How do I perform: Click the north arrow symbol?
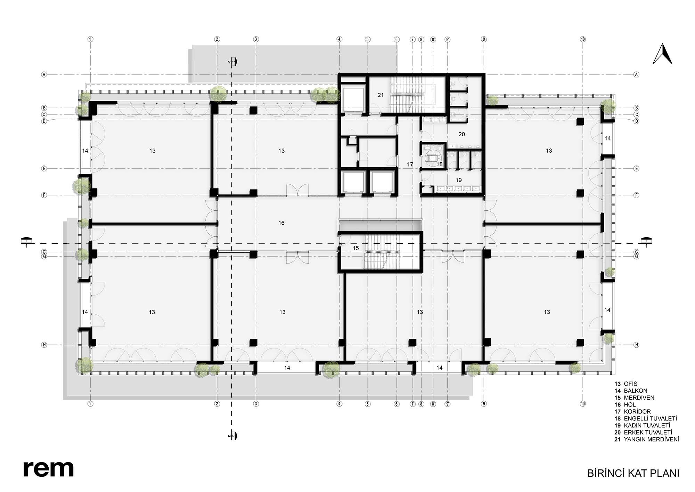pyautogui.click(x=662, y=55)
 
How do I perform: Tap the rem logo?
pyautogui.click(x=49, y=469)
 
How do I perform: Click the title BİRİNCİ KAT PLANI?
pyautogui.click(x=633, y=473)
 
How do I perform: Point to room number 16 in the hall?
pyautogui.click(x=281, y=223)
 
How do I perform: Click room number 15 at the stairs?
pyautogui.click(x=355, y=248)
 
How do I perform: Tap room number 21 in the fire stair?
pyautogui.click(x=381, y=95)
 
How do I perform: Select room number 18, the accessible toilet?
pyautogui.click(x=440, y=164)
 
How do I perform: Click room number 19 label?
pyautogui.click(x=459, y=180)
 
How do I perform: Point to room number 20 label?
pyautogui.click(x=461, y=134)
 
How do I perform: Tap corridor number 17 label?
pyautogui.click(x=410, y=164)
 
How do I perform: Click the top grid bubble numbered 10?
pyautogui.click(x=583, y=39)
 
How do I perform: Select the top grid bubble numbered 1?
pyautogui.click(x=90, y=39)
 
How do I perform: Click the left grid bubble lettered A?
pyautogui.click(x=44, y=74)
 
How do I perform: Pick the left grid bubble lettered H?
pyautogui.click(x=44, y=345)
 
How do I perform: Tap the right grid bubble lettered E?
pyautogui.click(x=637, y=169)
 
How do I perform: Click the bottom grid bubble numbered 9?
pyautogui.click(x=484, y=404)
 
